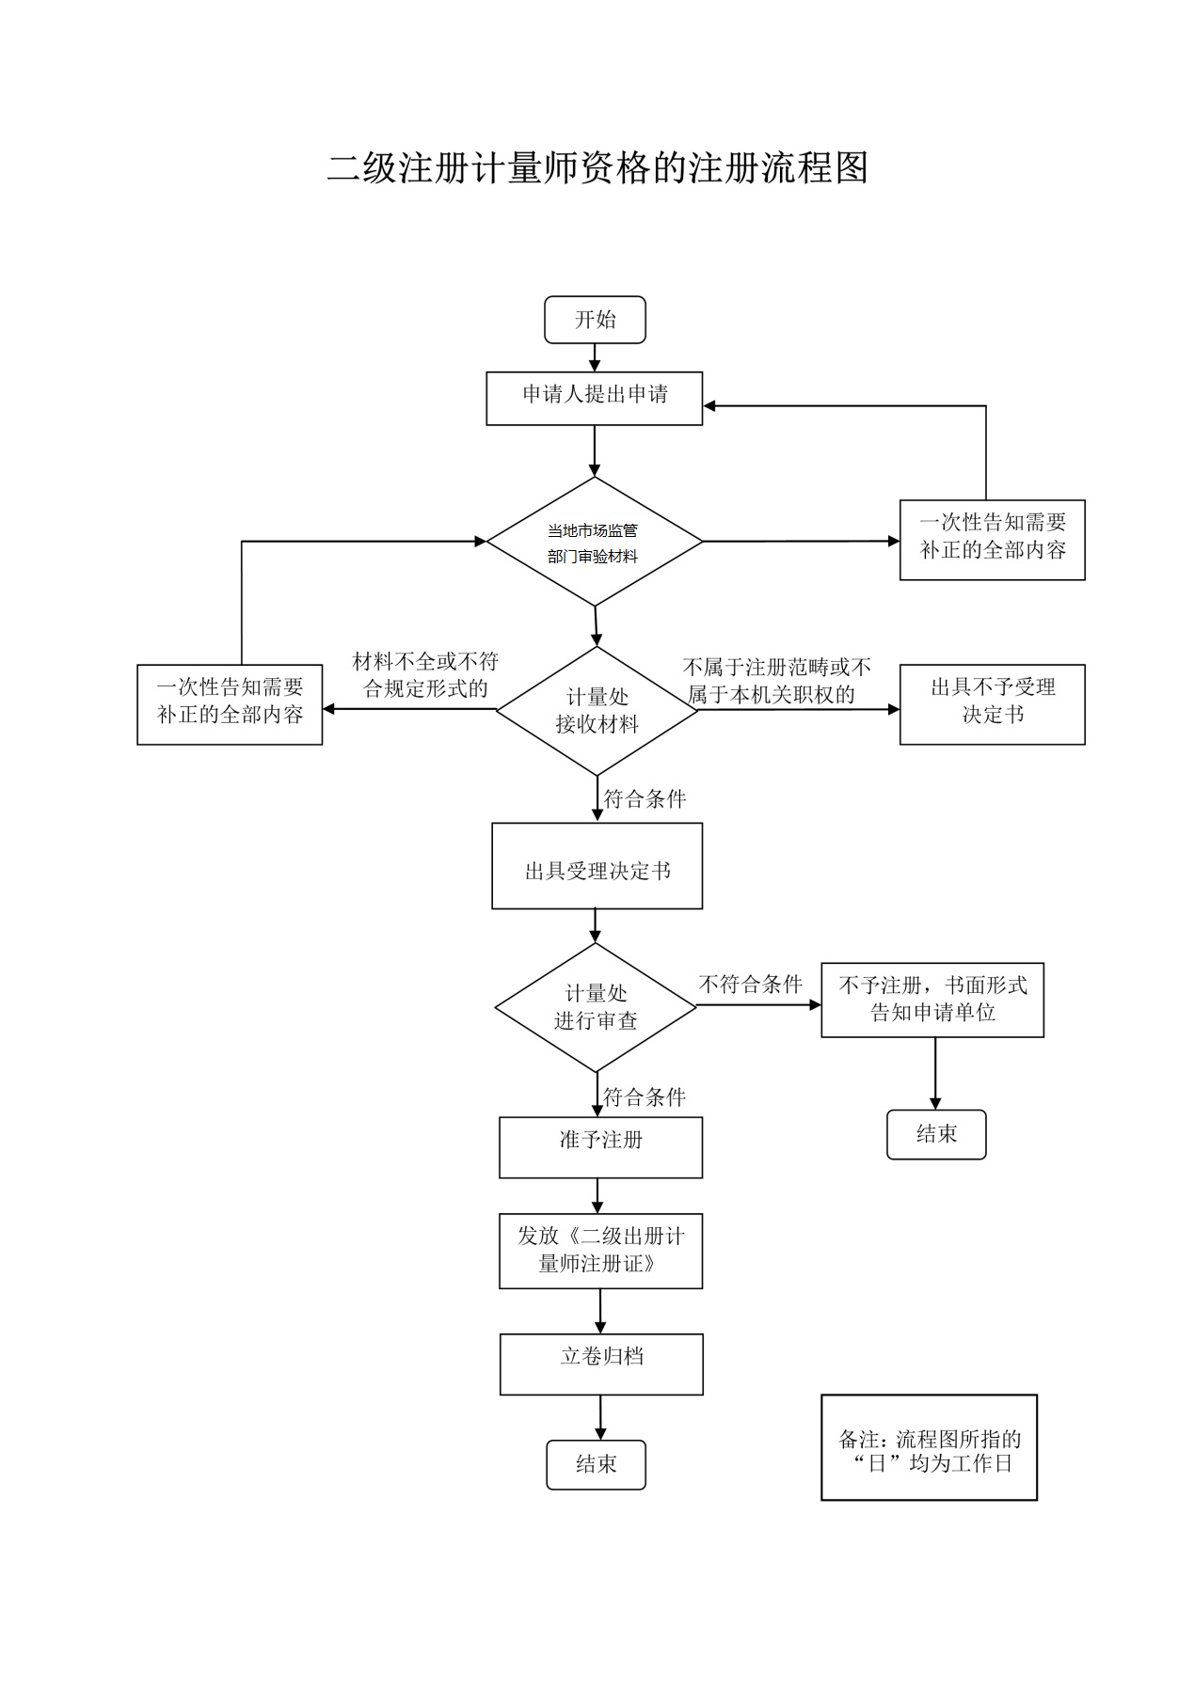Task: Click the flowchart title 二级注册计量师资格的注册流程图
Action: pyautogui.click(x=597, y=168)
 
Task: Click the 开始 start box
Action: pyautogui.click(x=595, y=320)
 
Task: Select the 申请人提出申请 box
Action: pyautogui.click(x=595, y=398)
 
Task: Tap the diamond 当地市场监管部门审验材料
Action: pyautogui.click(x=595, y=542)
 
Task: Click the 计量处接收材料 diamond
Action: pyautogui.click(x=597, y=710)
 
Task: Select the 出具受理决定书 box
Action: pyautogui.click(x=597, y=866)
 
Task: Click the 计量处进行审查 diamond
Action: pyautogui.click(x=596, y=1007)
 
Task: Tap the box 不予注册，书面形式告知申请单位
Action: pyautogui.click(x=931, y=1000)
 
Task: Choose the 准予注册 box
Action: pyautogui.click(x=600, y=1146)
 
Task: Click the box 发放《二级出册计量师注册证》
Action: pyautogui.click(x=600, y=1251)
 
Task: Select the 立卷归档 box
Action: pyautogui.click(x=601, y=1364)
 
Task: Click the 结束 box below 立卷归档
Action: pyautogui.click(x=596, y=1464)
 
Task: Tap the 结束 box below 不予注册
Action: pyautogui.click(x=936, y=1134)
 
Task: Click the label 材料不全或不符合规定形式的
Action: pyautogui.click(x=425, y=675)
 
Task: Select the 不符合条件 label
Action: pyautogui.click(x=750, y=985)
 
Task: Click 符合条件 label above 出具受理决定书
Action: pyautogui.click(x=645, y=799)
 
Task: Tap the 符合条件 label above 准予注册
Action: pyautogui.click(x=644, y=1096)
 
